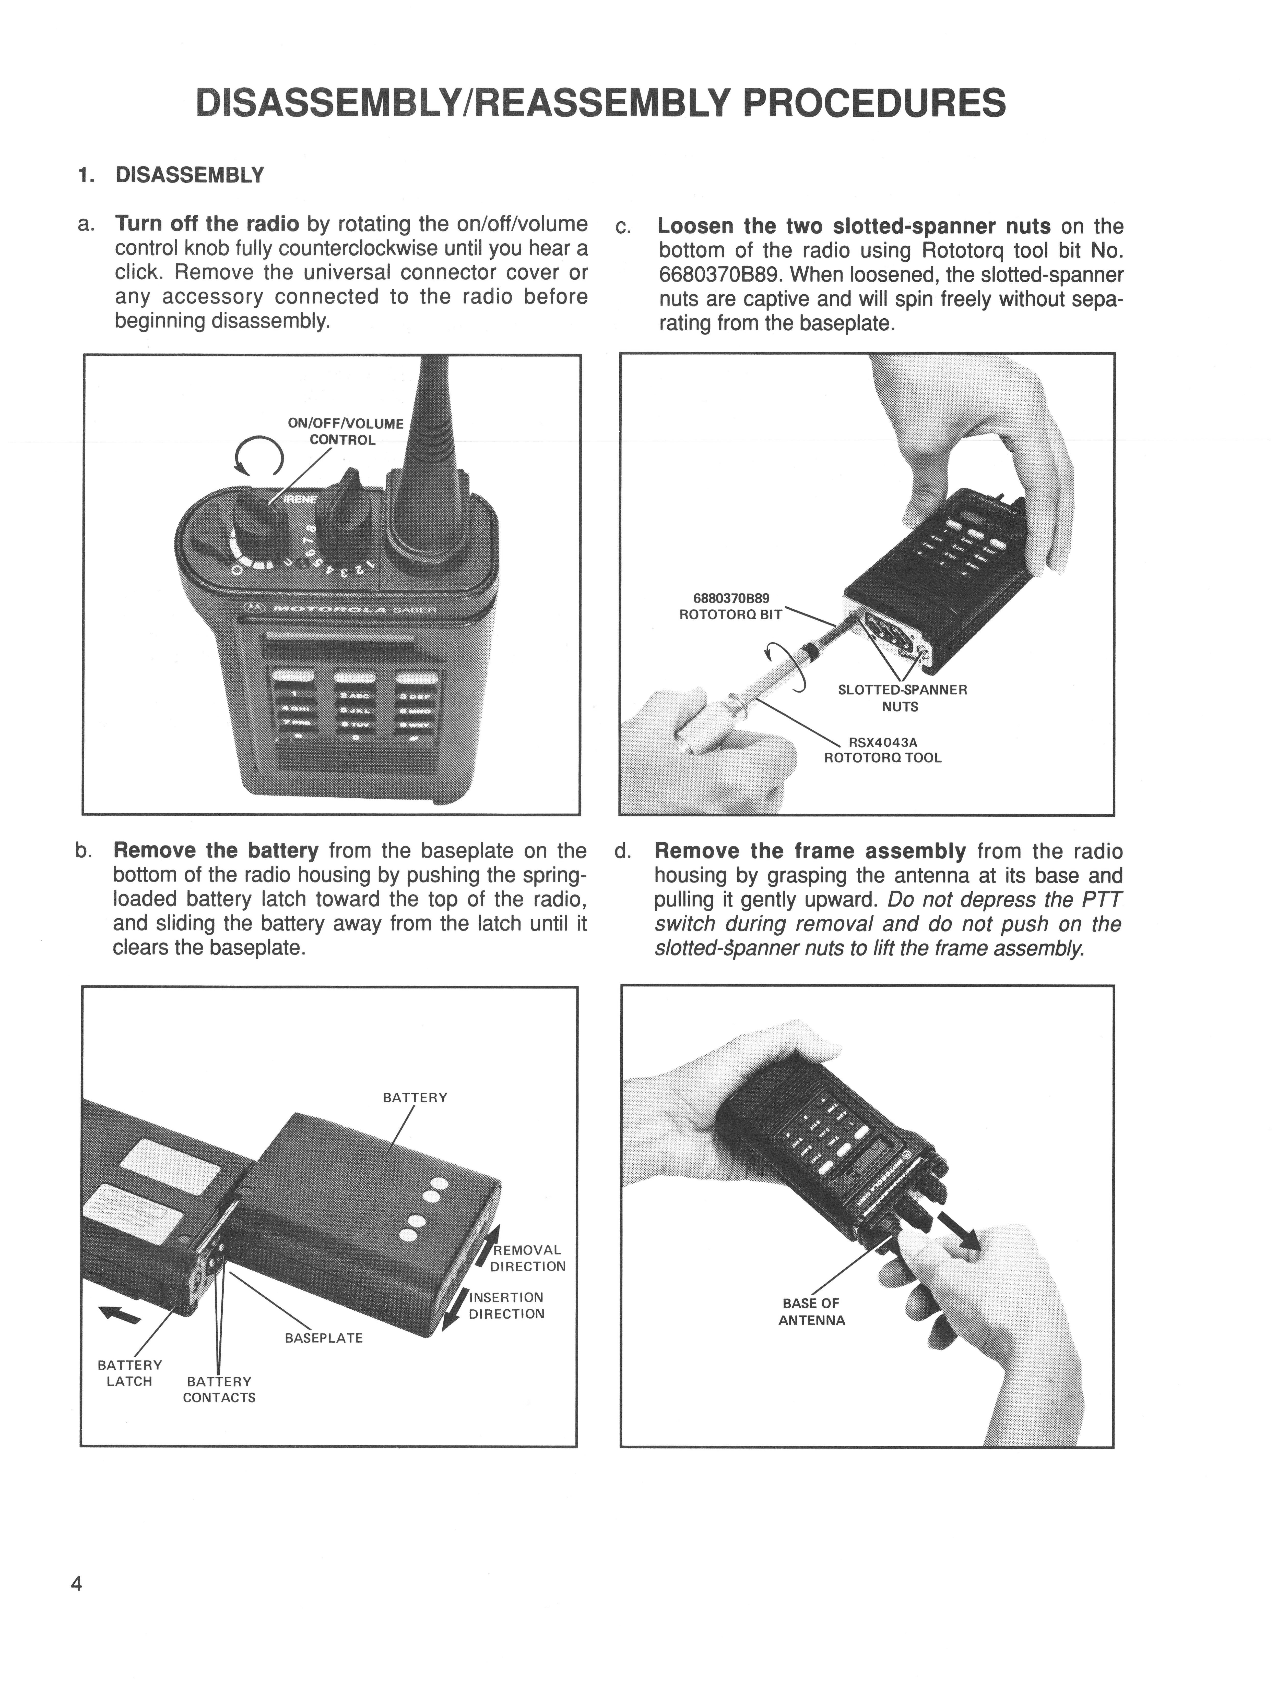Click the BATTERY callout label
(x=415, y=1097)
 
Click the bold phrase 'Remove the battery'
(x=216, y=851)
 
